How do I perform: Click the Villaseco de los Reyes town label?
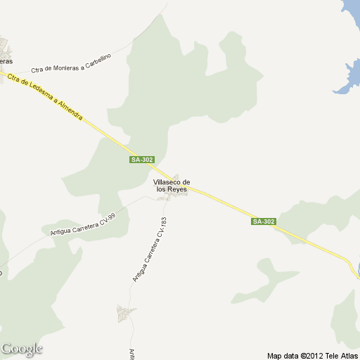point(172,186)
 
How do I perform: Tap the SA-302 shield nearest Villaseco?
point(142,160)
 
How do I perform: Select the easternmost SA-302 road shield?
point(264,221)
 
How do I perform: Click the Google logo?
point(22,349)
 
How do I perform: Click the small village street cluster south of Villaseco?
point(127,313)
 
